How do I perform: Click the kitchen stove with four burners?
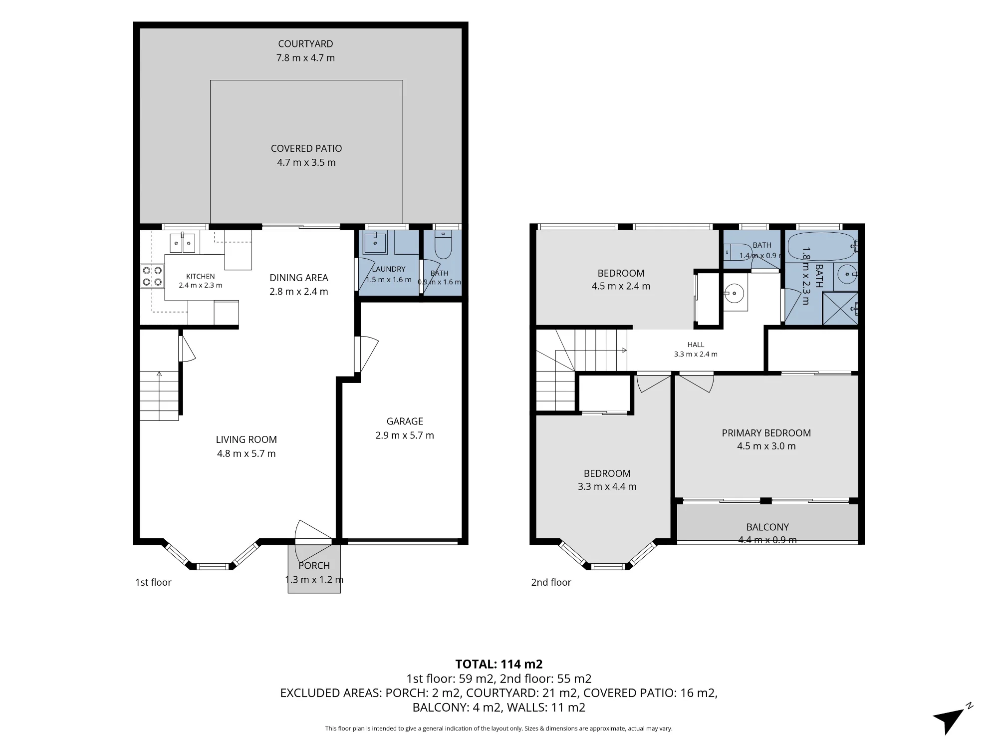(x=153, y=277)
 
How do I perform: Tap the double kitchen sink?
(x=182, y=243)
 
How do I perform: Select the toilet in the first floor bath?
(x=442, y=246)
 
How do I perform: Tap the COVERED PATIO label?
(x=306, y=148)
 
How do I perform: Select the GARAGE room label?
(x=405, y=421)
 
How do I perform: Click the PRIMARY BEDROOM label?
(x=766, y=433)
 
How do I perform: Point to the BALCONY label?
(x=767, y=527)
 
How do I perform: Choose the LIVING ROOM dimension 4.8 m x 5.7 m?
(x=247, y=453)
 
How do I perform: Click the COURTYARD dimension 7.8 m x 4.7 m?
(x=306, y=57)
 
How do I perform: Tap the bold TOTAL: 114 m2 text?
(x=499, y=664)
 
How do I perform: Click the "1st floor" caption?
(x=153, y=582)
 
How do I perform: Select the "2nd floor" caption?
(x=551, y=582)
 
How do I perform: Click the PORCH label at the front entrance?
(x=314, y=565)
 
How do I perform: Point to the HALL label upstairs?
(x=696, y=345)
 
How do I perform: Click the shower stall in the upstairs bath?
(x=840, y=308)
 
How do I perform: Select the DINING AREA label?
(x=299, y=278)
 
